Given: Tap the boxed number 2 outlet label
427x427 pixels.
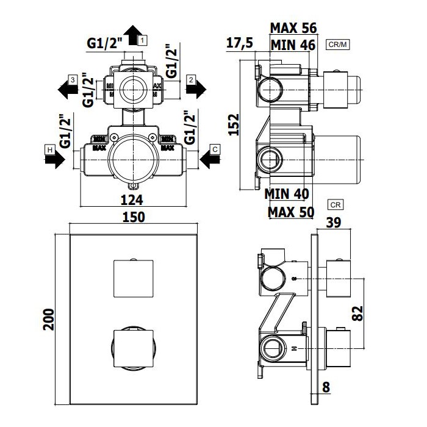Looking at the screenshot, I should coord(191,80).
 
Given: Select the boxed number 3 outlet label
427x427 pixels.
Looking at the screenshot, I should coord(71,80).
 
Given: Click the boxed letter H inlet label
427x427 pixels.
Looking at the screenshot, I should coord(49,149).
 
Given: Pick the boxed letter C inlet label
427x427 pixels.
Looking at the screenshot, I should coord(215,149).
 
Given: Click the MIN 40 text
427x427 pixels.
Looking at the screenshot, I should coord(287,194).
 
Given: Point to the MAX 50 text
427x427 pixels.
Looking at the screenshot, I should coord(291,212).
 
